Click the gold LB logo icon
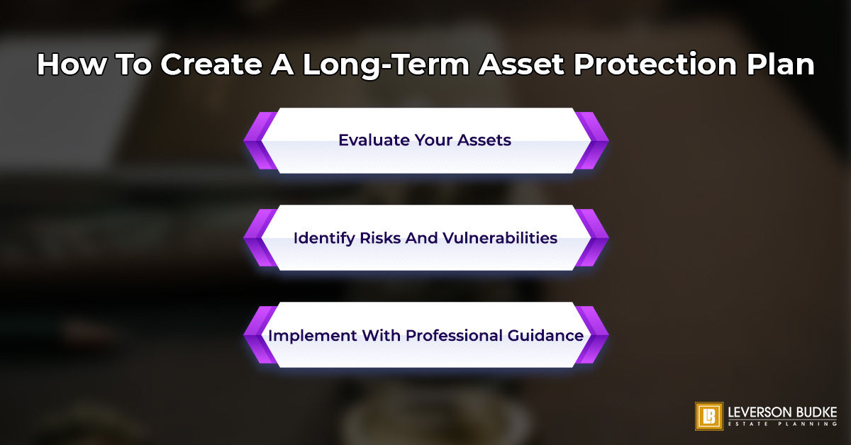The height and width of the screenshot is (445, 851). pos(708,417)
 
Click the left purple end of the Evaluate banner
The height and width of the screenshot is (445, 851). pos(257,140)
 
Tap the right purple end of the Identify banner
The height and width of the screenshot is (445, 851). pos(594,238)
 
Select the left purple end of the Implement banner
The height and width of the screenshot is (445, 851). pos(257,335)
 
